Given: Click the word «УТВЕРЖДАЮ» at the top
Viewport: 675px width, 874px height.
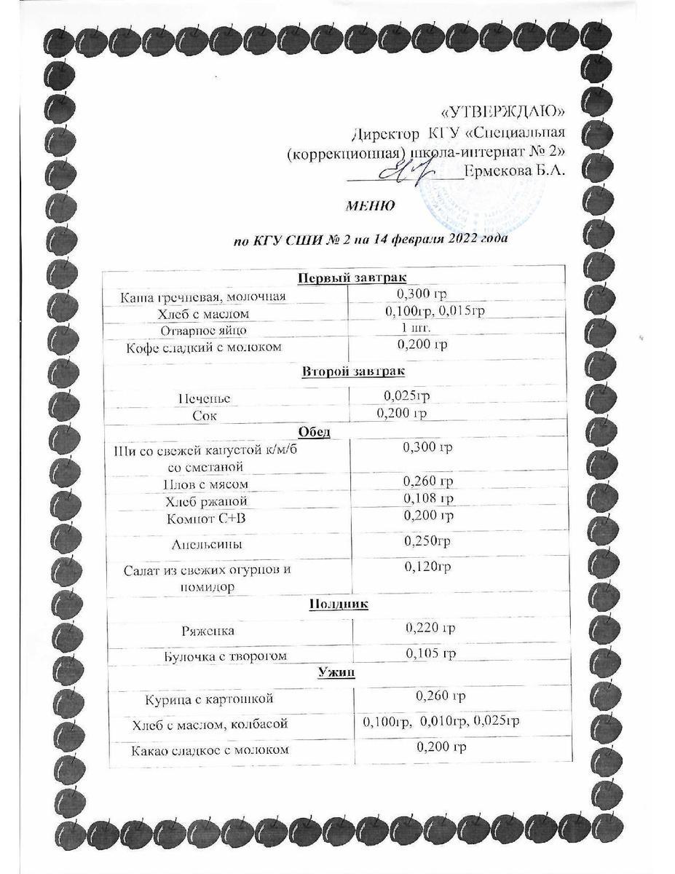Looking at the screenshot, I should coord(504,111).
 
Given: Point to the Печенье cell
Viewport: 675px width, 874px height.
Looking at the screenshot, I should coord(205,398).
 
